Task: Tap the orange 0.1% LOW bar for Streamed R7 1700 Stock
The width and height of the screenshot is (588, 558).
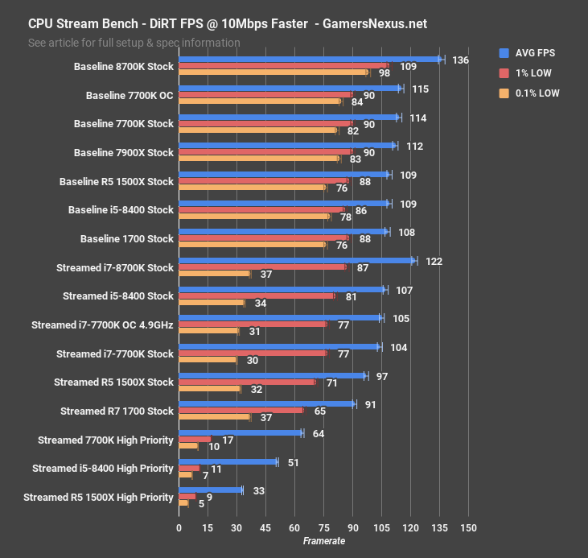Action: coord(215,417)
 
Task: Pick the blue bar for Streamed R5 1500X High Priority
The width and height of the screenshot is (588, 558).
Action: coord(210,490)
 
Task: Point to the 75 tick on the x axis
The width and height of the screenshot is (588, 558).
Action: coord(323,528)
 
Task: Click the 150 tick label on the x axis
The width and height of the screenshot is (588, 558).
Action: coord(468,528)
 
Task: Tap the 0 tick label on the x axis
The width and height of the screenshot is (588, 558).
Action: coord(179,528)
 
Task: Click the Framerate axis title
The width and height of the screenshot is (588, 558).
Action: coord(323,541)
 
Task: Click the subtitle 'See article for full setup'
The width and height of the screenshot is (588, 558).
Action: coord(134,42)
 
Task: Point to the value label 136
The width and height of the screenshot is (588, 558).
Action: coord(461,60)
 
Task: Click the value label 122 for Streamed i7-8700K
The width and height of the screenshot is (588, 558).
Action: coord(434,262)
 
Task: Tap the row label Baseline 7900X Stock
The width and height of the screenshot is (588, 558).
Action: coord(123,153)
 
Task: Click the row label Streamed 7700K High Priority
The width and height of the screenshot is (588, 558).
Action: coord(105,440)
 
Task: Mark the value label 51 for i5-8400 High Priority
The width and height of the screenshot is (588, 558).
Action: coord(293,462)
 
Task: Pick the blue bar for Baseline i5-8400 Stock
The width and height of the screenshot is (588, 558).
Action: coord(283,203)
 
